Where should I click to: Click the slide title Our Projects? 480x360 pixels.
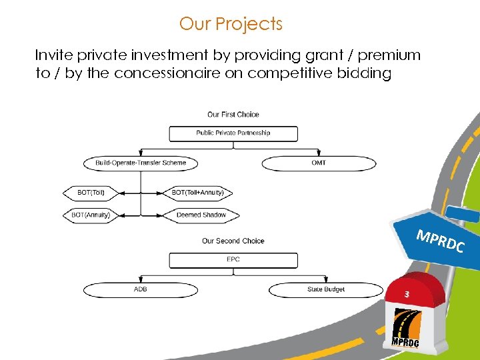click(x=231, y=24)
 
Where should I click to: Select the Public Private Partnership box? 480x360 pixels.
click(x=233, y=133)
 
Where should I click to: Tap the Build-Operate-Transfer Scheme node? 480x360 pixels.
click(x=141, y=163)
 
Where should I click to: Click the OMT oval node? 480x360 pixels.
click(x=319, y=163)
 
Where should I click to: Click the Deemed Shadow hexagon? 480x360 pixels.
click(x=201, y=215)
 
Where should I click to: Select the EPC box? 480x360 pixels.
click(x=233, y=260)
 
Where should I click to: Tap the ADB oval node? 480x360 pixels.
click(x=141, y=290)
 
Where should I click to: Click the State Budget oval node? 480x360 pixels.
click(x=325, y=290)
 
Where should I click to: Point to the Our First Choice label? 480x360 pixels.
click(x=233, y=115)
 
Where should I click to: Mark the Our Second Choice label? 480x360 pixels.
click(x=233, y=241)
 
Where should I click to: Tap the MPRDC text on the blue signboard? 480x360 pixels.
click(x=439, y=241)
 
